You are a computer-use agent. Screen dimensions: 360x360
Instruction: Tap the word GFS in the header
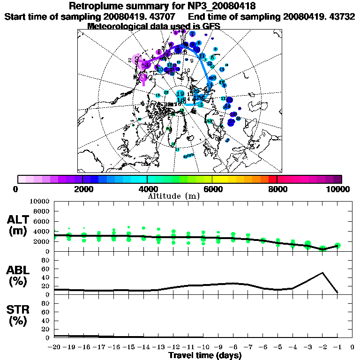pyautogui.click(x=211, y=26)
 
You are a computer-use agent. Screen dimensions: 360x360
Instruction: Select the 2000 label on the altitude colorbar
pyautogui.click(x=82, y=189)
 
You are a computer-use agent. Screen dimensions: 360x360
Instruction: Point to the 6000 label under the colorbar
pyautogui.click(x=212, y=189)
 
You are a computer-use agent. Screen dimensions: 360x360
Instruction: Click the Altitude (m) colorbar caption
pyautogui.click(x=174, y=196)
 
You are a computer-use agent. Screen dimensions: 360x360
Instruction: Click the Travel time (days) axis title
pyautogui.click(x=205, y=356)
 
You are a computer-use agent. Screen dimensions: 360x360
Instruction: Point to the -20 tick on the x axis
pyautogui.click(x=54, y=347)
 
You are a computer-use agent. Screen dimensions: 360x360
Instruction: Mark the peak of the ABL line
pyautogui.click(x=322, y=273)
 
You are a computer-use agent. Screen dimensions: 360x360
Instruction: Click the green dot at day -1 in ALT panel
pyautogui.click(x=337, y=245)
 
